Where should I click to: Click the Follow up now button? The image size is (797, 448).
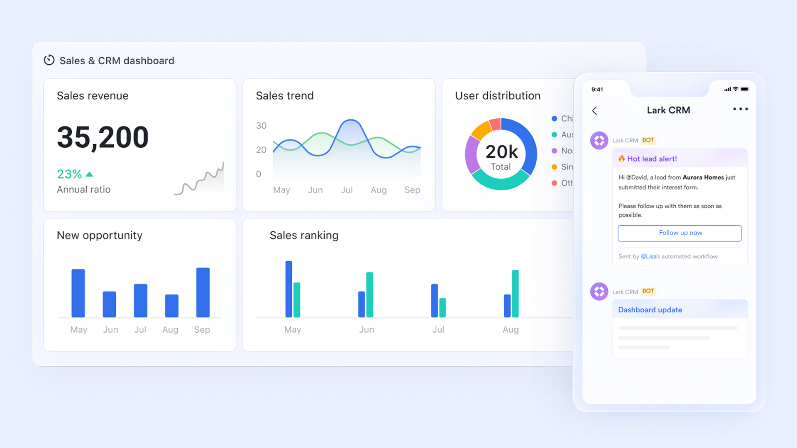pos(680,233)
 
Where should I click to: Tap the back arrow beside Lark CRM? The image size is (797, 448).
pos(594,111)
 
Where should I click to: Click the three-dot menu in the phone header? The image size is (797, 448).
pos(740,109)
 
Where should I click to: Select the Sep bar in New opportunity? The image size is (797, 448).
pos(203,292)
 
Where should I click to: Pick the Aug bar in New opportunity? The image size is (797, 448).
pos(171,306)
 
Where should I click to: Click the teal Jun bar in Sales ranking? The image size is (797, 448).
pos(369,295)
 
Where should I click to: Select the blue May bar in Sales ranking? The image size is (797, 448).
pos(288,289)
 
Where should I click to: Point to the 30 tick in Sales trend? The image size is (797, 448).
pos(261,126)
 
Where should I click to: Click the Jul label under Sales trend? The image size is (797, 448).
pos(347,190)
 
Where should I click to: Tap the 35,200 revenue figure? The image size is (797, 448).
pos(103,137)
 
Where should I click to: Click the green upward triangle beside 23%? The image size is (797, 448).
pos(89,174)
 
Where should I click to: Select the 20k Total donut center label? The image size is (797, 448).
pos(501,157)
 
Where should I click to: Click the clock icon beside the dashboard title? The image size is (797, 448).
pos(49,61)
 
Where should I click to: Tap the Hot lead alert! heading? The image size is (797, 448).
pos(652,159)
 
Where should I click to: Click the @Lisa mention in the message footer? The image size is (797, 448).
pos(648,257)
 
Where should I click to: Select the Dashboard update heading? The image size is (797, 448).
pos(650,310)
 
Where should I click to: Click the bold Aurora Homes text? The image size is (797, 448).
pos(703,178)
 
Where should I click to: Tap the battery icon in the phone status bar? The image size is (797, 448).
pos(744,89)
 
